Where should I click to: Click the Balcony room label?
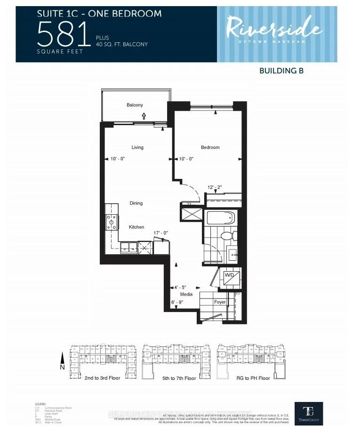(135, 105)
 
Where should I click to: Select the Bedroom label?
(210, 147)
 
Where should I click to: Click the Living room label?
(137, 147)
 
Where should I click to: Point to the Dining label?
(136, 203)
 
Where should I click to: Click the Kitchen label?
(136, 227)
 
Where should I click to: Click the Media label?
(186, 294)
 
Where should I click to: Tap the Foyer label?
(220, 302)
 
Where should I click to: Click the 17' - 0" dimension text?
(161, 233)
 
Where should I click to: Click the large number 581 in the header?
(64, 34)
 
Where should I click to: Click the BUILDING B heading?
(281, 71)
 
